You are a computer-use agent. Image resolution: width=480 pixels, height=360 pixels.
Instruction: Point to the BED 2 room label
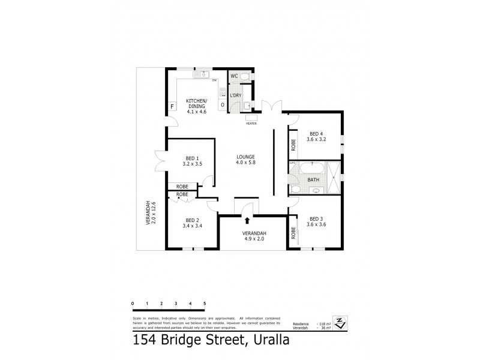click(x=191, y=223)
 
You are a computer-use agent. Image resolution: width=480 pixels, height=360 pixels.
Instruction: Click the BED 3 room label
click(x=316, y=221)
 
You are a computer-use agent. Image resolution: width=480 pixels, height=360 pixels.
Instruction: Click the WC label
click(x=235, y=76)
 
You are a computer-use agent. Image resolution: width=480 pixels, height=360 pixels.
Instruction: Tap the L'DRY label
click(x=236, y=95)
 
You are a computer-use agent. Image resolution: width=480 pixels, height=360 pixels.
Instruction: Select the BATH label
click(x=313, y=179)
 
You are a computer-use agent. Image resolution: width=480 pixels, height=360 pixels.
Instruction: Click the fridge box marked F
click(x=172, y=107)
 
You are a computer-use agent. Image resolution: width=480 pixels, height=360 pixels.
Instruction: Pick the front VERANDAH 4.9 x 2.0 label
click(x=254, y=236)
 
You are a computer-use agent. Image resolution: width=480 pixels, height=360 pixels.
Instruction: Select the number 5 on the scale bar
click(x=205, y=304)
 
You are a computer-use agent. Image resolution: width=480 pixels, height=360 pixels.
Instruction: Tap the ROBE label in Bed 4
click(x=293, y=144)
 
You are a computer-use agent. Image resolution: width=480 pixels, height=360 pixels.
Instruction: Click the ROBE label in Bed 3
click(x=293, y=233)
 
